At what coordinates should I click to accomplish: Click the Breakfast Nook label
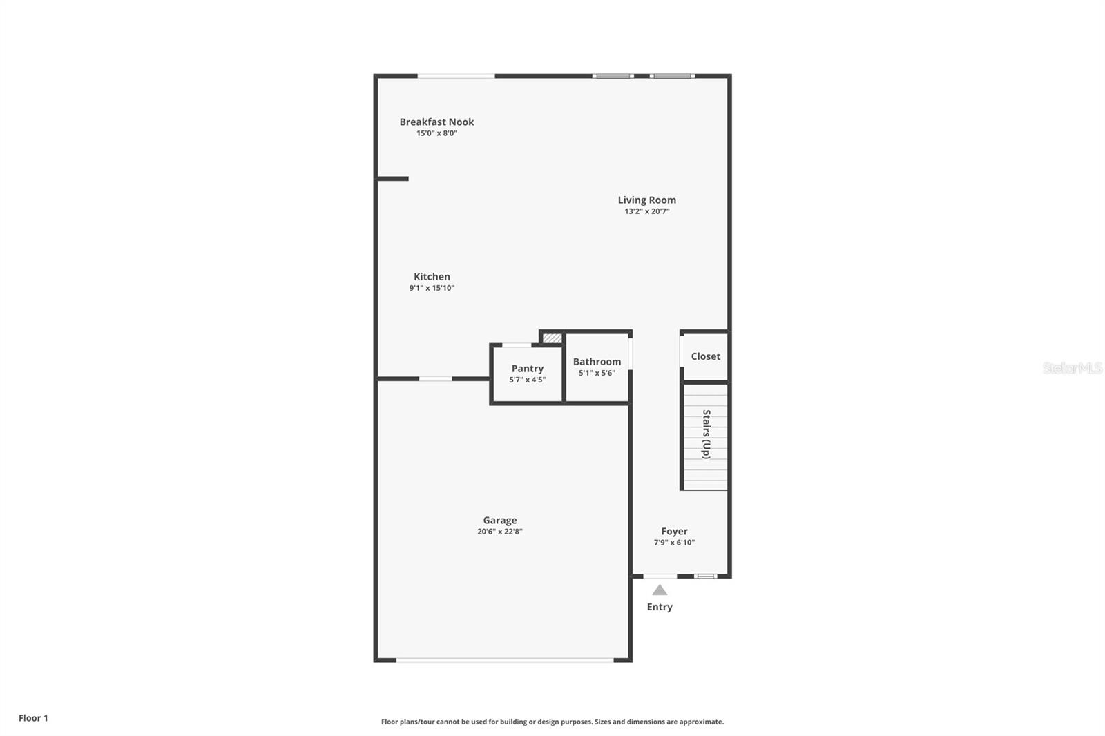pos(436,122)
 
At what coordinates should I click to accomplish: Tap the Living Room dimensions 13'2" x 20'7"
pos(647,211)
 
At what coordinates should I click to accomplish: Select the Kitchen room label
pos(432,277)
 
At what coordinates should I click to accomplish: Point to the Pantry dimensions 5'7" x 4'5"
pos(528,380)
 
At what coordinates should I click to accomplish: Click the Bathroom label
pos(597,362)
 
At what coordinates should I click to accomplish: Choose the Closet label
pos(705,356)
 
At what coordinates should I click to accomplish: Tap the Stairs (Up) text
pos(706,434)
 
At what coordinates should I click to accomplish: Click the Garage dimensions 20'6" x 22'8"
pos(499,532)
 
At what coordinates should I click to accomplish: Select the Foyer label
pos(674,532)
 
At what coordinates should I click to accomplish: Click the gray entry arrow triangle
pos(660,590)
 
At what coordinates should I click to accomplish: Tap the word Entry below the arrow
pos(660,607)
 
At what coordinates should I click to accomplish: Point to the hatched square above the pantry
pos(552,338)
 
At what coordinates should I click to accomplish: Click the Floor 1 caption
pos(33,718)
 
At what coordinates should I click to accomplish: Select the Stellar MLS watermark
pos(1072,368)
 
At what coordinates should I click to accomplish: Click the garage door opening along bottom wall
pos(504,660)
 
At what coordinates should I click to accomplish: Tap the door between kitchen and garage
pos(436,378)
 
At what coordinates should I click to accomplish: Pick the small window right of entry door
pos(705,576)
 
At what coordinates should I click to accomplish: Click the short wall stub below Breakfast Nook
pos(393,179)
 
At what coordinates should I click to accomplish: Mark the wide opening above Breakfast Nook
pos(456,76)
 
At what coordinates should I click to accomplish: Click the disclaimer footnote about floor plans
pos(552,722)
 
